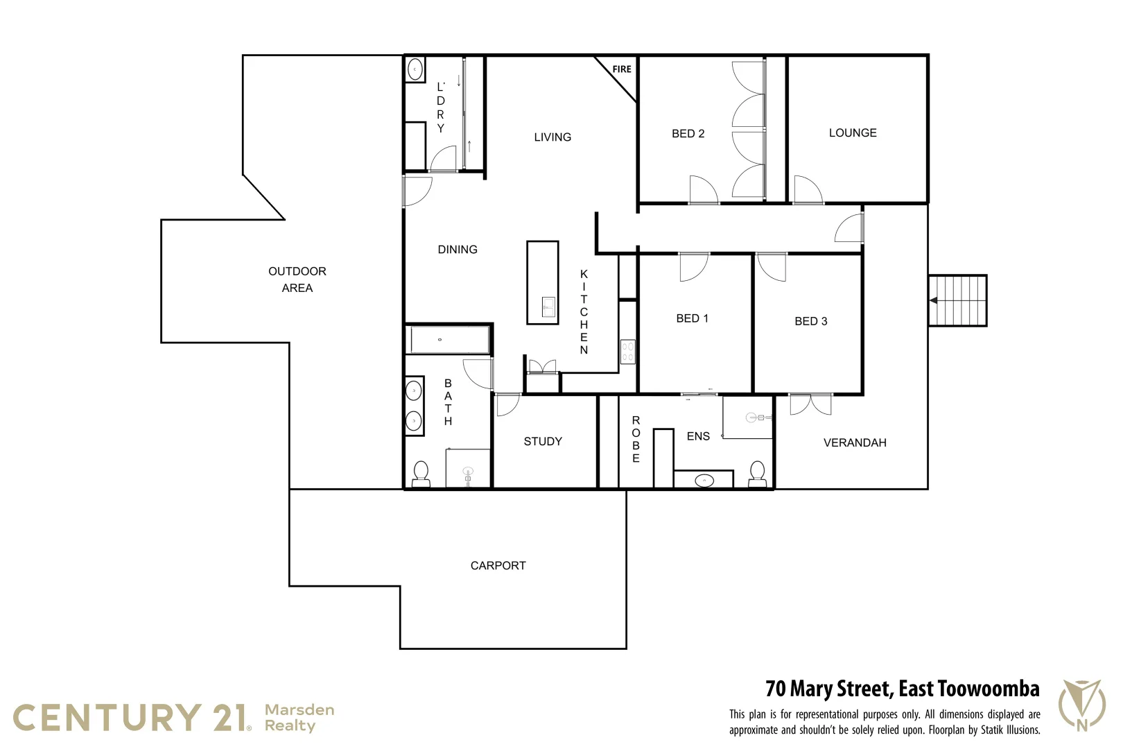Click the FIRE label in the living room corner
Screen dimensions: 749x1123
tap(622, 69)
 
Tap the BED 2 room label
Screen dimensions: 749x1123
tap(688, 134)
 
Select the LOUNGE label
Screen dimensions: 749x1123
tap(853, 133)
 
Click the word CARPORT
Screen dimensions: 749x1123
tap(498, 566)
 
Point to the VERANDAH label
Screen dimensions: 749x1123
tap(855, 443)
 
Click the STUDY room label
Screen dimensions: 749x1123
tap(543, 442)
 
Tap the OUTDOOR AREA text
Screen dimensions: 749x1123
tap(297, 279)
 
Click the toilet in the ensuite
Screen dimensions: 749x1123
tap(757, 473)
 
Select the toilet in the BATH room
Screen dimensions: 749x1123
tap(421, 474)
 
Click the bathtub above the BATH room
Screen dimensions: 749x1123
tap(449, 341)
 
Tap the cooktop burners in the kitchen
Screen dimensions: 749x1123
tap(628, 351)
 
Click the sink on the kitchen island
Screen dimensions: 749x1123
tap(548, 307)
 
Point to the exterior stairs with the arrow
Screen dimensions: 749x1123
tap(957, 300)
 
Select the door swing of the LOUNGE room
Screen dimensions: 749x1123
tap(808, 189)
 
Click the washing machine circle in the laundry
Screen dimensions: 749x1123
tap(415, 69)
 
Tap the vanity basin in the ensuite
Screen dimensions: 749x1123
tap(704, 480)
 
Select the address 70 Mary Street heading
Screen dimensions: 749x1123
tap(902, 689)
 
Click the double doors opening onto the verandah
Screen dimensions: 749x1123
tap(810, 404)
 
